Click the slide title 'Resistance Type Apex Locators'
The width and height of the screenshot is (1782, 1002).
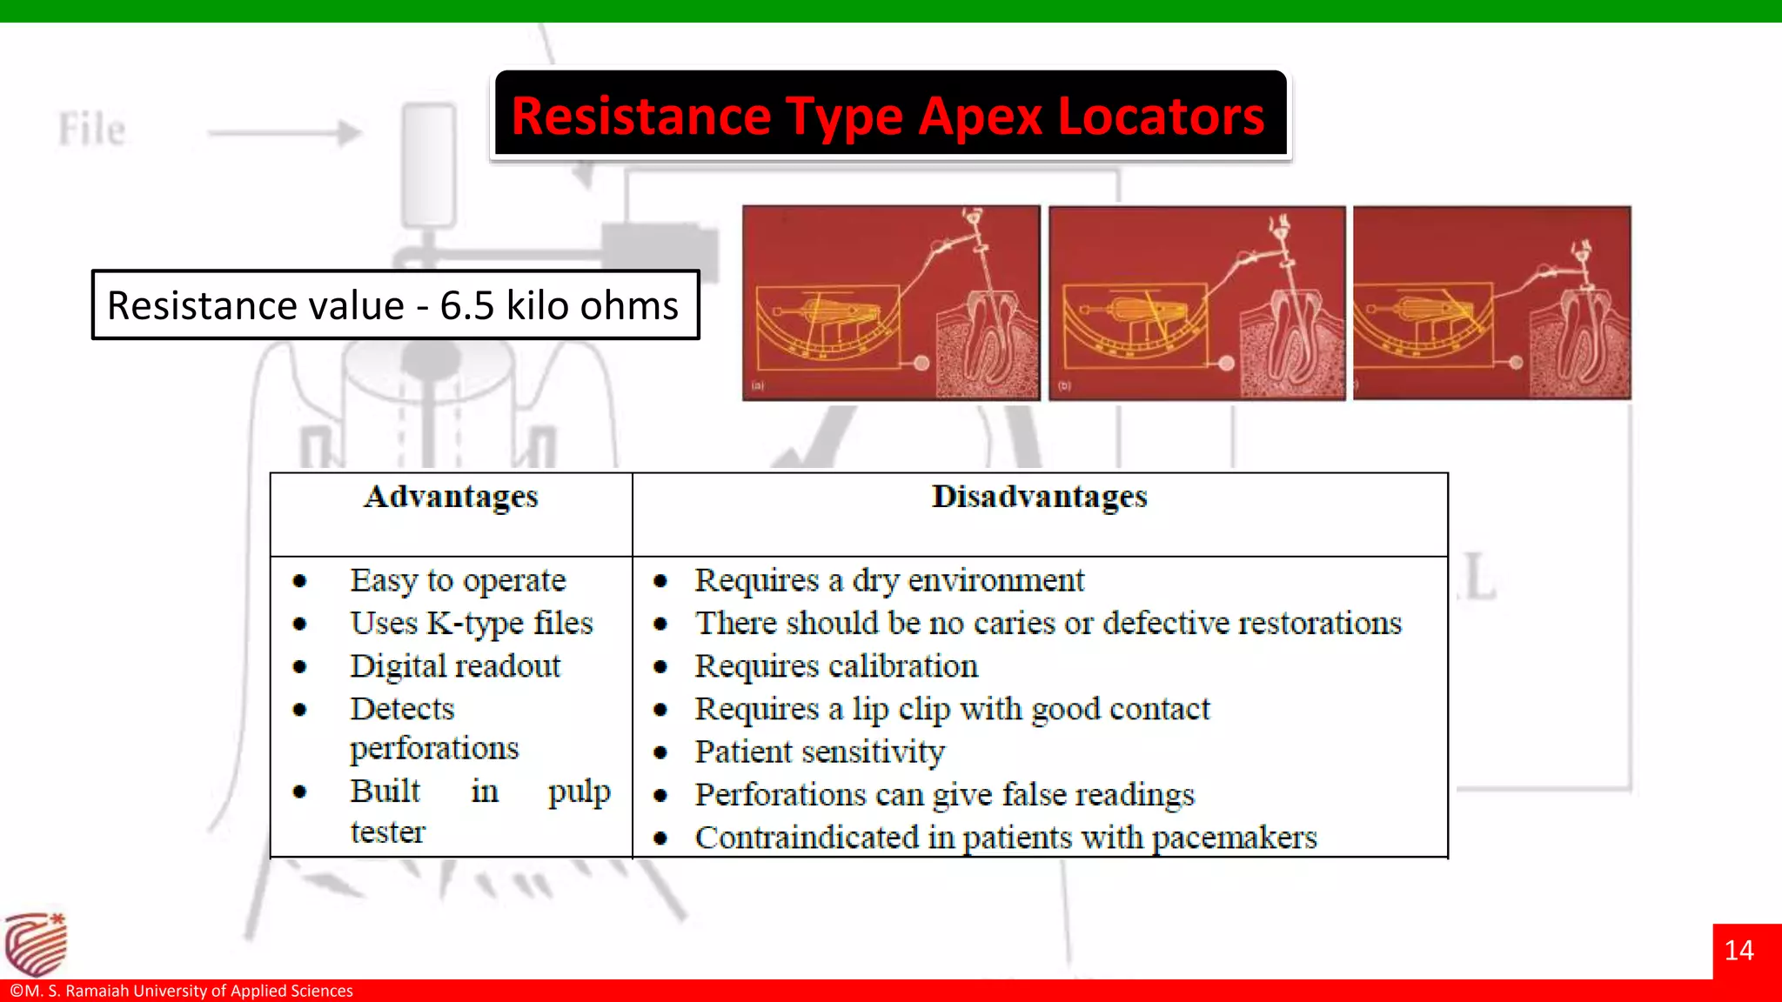tap(888, 116)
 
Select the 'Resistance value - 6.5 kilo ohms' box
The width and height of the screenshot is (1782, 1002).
tap(395, 305)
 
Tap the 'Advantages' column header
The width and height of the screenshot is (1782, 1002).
tap(451, 497)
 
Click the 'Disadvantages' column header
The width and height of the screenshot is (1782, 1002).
tap(1039, 497)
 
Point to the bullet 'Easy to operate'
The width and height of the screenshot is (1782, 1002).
tap(458, 580)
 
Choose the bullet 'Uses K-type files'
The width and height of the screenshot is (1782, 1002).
tap(471, 623)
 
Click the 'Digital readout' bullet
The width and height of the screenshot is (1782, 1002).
tap(455, 666)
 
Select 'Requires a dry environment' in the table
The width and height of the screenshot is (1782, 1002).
tap(889, 580)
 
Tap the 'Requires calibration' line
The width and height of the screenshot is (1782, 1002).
tap(836, 666)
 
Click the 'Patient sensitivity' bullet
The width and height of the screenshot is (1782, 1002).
tap(820, 751)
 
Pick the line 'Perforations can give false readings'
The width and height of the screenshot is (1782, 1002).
tap(944, 794)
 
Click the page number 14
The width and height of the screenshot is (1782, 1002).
tap(1738, 951)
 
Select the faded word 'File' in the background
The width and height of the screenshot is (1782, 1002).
tap(92, 130)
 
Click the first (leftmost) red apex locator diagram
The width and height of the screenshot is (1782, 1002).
tap(891, 303)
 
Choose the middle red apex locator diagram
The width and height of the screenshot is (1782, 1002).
tap(1196, 303)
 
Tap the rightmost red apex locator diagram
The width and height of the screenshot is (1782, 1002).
tap(1491, 303)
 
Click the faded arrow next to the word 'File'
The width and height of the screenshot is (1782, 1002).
tap(285, 133)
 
